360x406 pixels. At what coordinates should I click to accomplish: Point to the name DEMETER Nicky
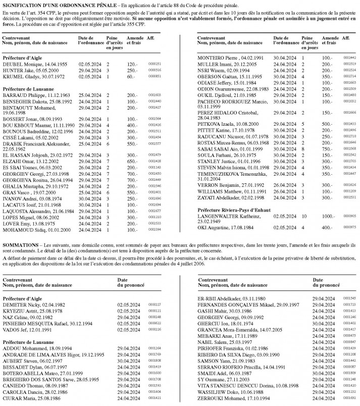(18, 304)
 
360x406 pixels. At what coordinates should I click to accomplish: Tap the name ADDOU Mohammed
(17, 348)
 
